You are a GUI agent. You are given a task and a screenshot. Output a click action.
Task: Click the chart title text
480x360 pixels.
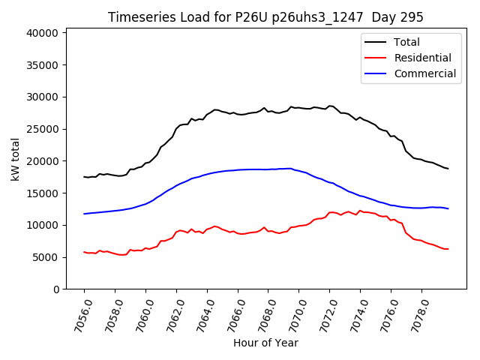pos(265,17)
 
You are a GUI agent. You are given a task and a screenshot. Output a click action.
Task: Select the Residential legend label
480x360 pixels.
pos(422,58)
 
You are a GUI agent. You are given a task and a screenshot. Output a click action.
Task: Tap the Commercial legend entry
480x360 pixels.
pos(424,73)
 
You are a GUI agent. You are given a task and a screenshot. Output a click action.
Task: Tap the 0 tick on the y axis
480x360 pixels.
pos(55,289)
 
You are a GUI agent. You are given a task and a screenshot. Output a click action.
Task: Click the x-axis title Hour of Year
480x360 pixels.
pos(265,343)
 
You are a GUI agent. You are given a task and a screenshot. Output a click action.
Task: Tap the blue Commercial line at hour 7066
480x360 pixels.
pos(238,169)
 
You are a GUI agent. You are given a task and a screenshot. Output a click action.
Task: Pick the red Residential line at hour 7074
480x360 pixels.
pos(360,211)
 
